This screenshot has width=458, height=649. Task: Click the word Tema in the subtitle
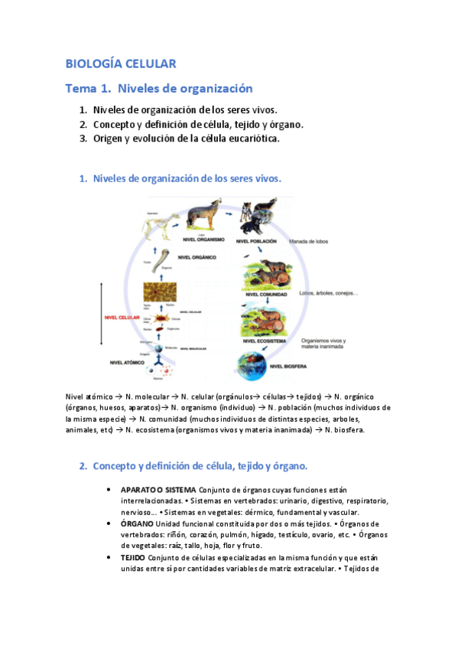pyautogui.click(x=81, y=89)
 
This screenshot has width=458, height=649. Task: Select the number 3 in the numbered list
pyautogui.click(x=83, y=139)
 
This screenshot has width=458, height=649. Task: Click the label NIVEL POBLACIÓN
pyautogui.click(x=261, y=241)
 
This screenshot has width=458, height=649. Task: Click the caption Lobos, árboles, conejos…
pyautogui.click(x=329, y=294)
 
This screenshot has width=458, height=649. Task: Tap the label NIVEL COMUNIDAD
pyautogui.click(x=263, y=293)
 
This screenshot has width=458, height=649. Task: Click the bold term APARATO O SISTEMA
pyautogui.click(x=158, y=490)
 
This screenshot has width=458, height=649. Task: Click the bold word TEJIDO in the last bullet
pyautogui.click(x=134, y=558)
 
